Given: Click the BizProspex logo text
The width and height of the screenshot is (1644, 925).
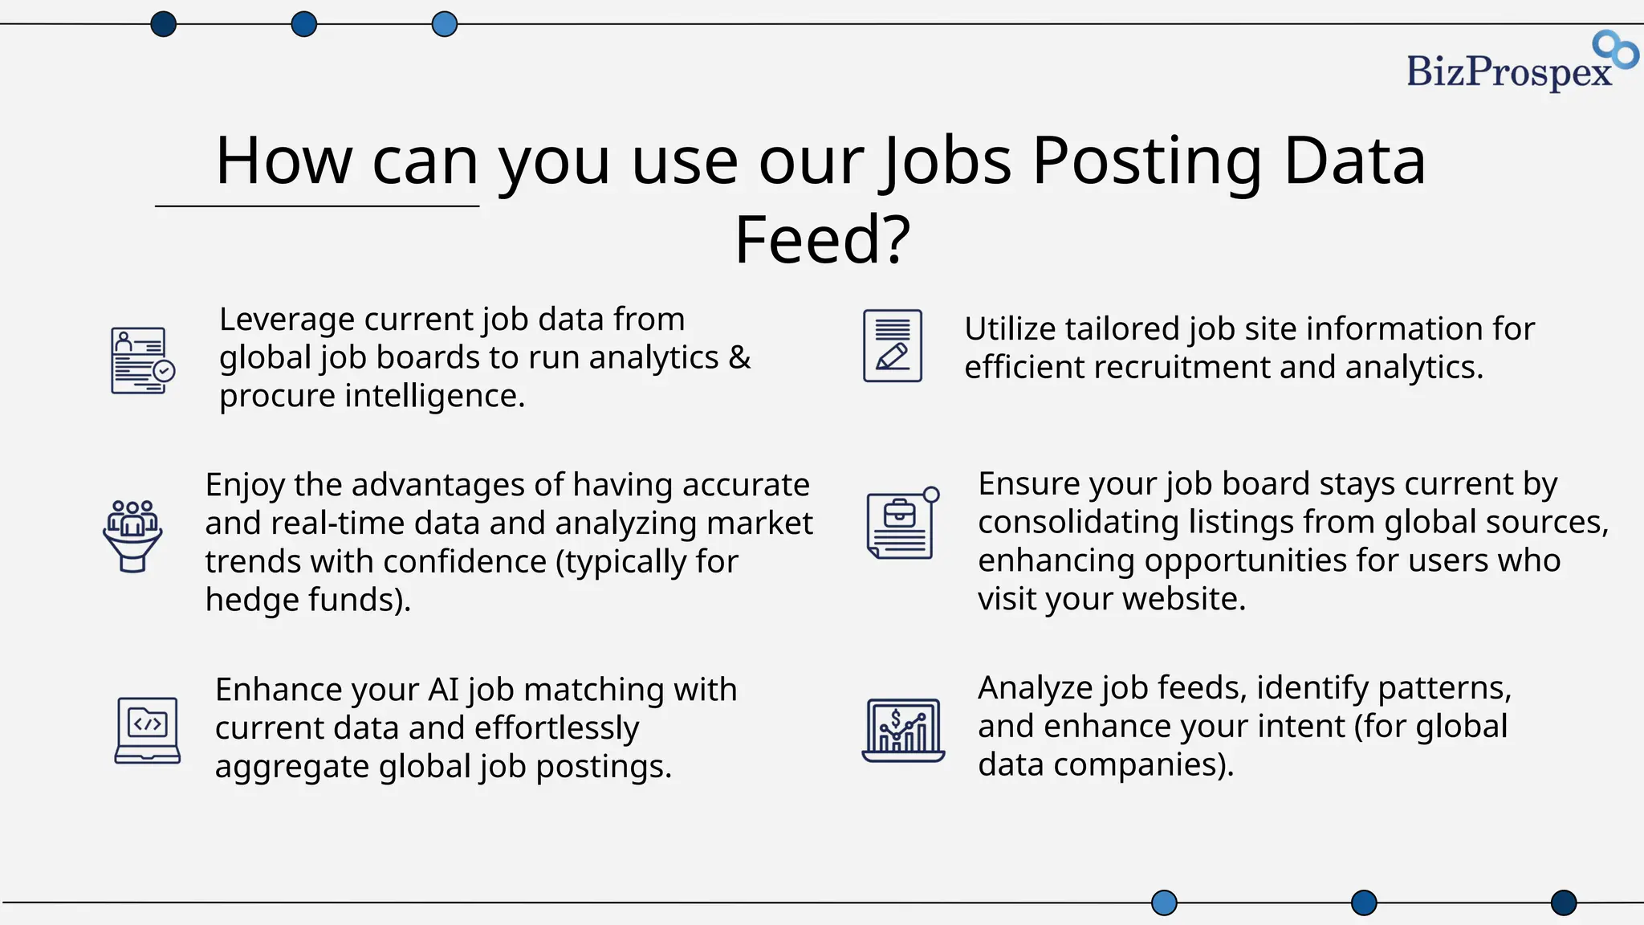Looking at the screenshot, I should [x=1508, y=72].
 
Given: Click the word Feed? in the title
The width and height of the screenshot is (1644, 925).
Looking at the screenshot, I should [x=822, y=240].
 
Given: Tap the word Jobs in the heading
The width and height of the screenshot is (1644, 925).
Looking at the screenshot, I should [x=947, y=161].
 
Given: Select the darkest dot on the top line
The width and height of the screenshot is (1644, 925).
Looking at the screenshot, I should [x=163, y=24].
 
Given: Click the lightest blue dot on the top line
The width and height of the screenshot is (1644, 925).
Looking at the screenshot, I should [x=444, y=24].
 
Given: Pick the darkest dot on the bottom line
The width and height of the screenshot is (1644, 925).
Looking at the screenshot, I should [x=1563, y=903].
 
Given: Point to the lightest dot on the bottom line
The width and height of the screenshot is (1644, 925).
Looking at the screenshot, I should [x=1164, y=903].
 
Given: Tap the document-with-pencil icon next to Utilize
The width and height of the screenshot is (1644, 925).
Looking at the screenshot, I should [x=892, y=346].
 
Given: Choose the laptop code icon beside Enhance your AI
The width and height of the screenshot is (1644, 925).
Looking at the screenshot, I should [x=148, y=730].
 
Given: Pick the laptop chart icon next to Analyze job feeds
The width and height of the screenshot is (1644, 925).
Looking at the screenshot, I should [x=903, y=730].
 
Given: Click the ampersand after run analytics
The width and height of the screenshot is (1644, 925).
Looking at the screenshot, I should [x=739, y=358].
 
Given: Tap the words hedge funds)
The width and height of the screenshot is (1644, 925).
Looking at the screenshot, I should [x=307, y=600].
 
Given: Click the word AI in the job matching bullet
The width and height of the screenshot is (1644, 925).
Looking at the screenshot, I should [x=443, y=690].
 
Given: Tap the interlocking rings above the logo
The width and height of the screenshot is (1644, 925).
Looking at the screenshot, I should [x=1615, y=49].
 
